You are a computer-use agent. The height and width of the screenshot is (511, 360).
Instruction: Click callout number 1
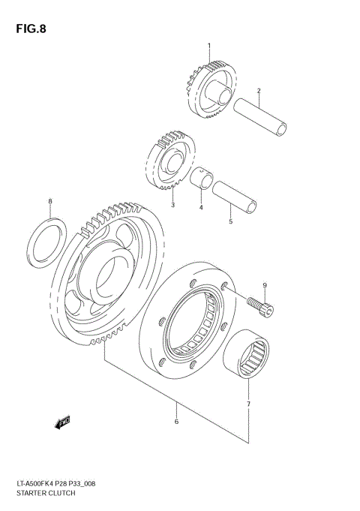[x=209, y=47]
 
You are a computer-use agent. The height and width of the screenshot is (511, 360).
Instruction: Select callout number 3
[x=172, y=205]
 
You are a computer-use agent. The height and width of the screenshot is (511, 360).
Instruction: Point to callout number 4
[x=201, y=207]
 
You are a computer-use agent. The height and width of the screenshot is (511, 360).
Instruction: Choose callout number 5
[x=231, y=221]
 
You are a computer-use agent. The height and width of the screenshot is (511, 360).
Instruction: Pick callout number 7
[x=248, y=404]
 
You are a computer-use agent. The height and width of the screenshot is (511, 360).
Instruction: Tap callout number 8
[x=50, y=201]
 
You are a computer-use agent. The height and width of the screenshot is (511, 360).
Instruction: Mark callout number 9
[x=264, y=285]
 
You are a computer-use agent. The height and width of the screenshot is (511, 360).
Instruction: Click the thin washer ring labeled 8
[x=47, y=239]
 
